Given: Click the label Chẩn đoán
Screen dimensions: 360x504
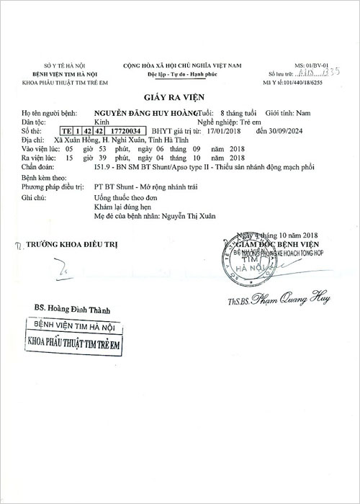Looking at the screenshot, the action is click(x=37, y=166).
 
